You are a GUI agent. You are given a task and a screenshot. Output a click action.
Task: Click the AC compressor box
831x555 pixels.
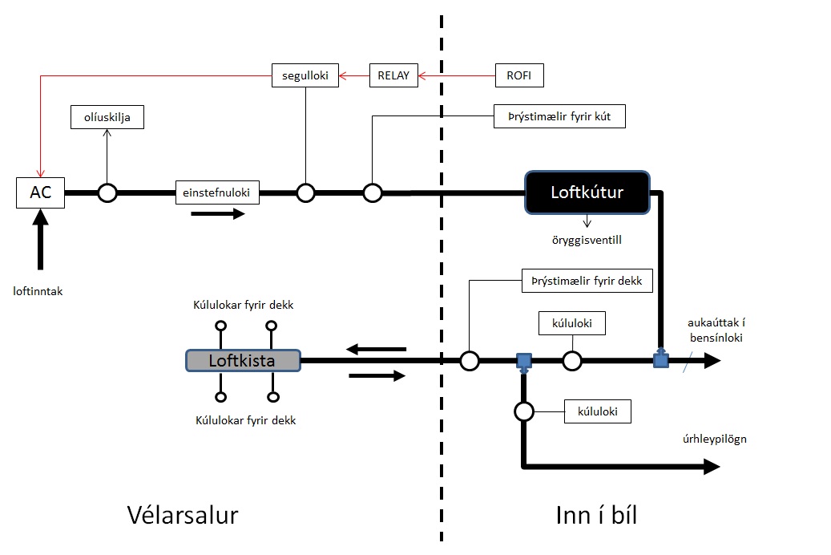40,193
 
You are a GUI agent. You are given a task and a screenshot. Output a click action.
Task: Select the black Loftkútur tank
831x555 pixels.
586,192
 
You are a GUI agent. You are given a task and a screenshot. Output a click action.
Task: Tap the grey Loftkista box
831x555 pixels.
242,360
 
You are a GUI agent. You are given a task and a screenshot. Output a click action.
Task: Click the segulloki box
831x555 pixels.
305,75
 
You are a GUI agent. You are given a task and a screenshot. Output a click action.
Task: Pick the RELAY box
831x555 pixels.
393,76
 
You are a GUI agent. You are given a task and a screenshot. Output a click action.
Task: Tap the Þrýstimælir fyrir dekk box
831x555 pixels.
587,281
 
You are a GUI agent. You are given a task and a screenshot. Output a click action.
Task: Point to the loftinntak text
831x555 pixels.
38,291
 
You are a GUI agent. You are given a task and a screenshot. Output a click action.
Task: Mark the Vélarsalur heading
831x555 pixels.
183,514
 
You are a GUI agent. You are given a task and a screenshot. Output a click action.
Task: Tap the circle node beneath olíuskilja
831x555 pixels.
107,193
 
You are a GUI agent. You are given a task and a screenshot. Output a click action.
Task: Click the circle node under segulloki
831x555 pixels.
305,193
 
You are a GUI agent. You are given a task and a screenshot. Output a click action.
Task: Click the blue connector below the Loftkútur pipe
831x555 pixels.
661,360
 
